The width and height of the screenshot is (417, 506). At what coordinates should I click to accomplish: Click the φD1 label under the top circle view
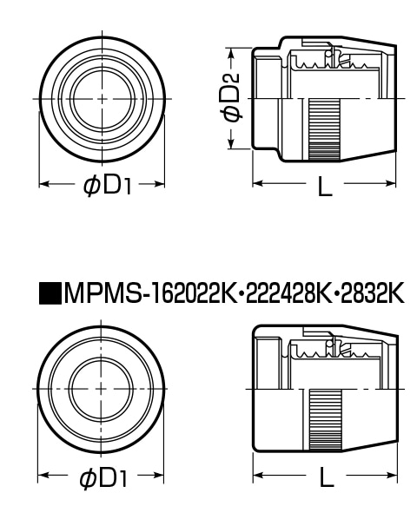pos(108,185)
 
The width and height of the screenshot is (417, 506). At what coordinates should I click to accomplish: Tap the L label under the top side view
pos(325,186)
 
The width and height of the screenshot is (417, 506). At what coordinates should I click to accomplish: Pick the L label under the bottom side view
pos(327,476)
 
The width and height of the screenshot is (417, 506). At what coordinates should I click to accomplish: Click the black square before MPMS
pos(50,293)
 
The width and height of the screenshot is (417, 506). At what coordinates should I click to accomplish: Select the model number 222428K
pos(288,293)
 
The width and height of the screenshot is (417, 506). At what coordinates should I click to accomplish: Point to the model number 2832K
pos(372,293)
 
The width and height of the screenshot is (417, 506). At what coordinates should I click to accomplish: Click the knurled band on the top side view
pos(324,129)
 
